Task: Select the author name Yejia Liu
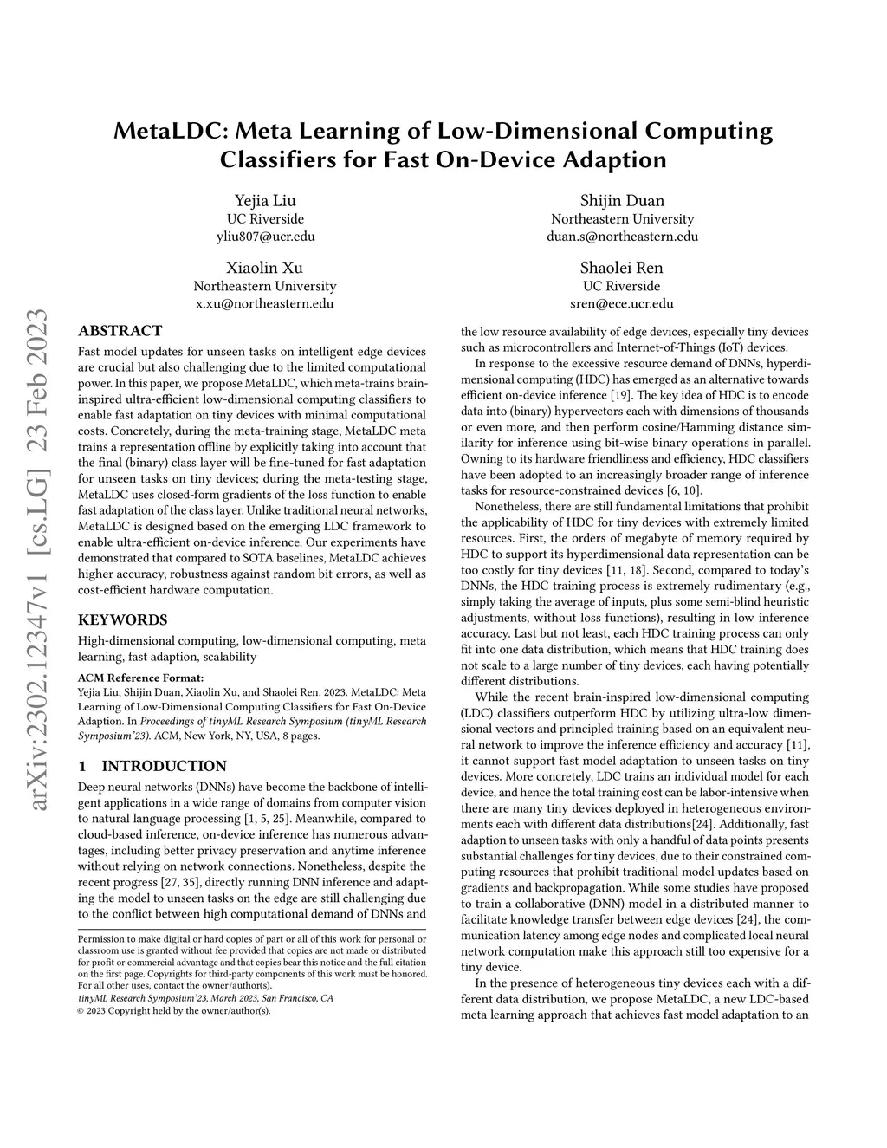265,201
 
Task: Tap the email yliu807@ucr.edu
265,236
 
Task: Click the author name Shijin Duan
622,201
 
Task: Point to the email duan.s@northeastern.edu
622,236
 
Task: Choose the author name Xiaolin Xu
265,268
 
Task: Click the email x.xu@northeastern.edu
265,303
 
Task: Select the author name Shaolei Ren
622,268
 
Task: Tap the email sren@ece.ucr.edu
622,303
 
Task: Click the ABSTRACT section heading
120,331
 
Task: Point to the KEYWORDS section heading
123,620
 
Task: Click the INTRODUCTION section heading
164,766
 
